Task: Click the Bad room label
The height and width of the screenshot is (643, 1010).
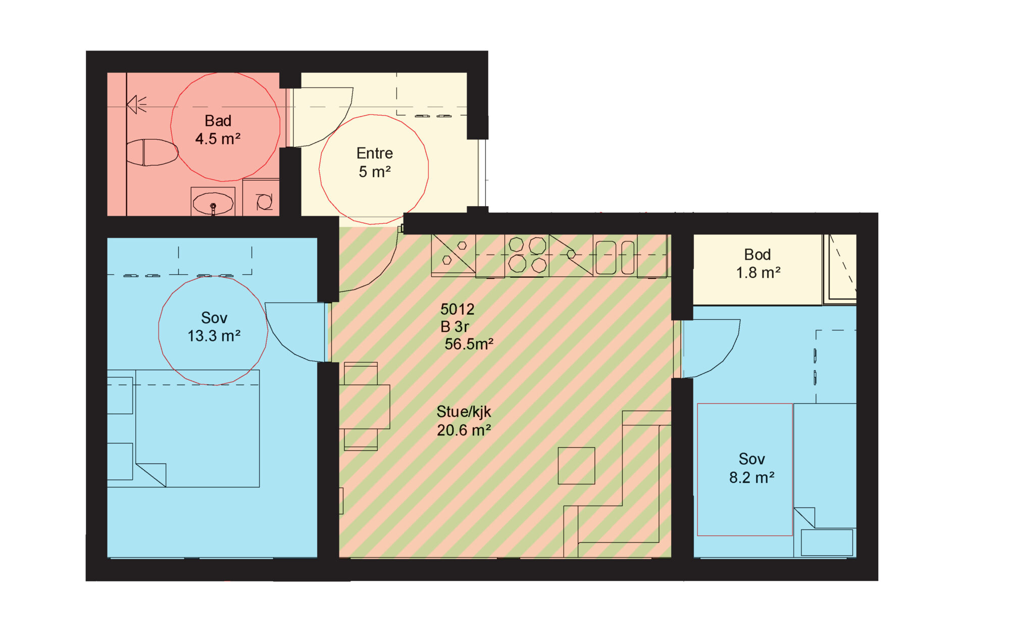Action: point(218,121)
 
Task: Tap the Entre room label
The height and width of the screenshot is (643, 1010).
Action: point(374,153)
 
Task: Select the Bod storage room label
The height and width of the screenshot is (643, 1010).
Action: point(757,255)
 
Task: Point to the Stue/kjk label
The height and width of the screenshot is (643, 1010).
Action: point(464,412)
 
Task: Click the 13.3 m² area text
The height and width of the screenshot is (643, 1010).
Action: point(214,336)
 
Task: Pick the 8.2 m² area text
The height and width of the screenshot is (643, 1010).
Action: point(751,477)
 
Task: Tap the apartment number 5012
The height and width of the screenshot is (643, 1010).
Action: point(457,309)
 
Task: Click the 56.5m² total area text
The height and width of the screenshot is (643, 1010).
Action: point(469,344)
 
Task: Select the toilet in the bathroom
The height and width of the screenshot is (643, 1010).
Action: point(152,153)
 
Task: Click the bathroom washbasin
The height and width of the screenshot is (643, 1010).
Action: point(213,203)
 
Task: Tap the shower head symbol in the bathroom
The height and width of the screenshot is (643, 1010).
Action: point(136,105)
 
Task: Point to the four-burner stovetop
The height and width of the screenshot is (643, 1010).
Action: point(527,255)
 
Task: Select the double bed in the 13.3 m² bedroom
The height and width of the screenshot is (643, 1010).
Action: point(197,428)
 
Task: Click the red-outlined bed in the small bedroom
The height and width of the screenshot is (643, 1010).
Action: point(745,469)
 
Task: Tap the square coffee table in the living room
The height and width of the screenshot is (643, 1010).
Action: point(576,466)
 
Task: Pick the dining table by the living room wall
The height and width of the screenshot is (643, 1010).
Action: point(364,407)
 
